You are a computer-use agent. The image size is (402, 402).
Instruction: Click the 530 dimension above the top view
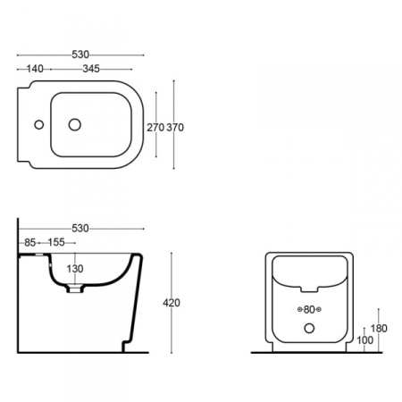click(x=80, y=54)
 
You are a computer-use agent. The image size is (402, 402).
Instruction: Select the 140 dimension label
click(x=35, y=69)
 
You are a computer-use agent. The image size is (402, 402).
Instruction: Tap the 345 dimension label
click(x=91, y=69)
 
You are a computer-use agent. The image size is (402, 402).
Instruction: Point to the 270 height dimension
click(x=155, y=128)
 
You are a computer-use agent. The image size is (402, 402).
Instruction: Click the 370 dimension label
click(x=175, y=128)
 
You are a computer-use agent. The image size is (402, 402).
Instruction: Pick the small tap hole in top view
click(x=39, y=124)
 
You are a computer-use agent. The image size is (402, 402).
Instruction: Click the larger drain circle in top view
click(x=75, y=124)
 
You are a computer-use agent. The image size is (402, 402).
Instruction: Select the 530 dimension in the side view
click(x=80, y=229)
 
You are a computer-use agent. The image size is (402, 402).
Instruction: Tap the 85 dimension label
click(x=30, y=242)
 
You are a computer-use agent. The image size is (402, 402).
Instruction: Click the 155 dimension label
click(x=56, y=242)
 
